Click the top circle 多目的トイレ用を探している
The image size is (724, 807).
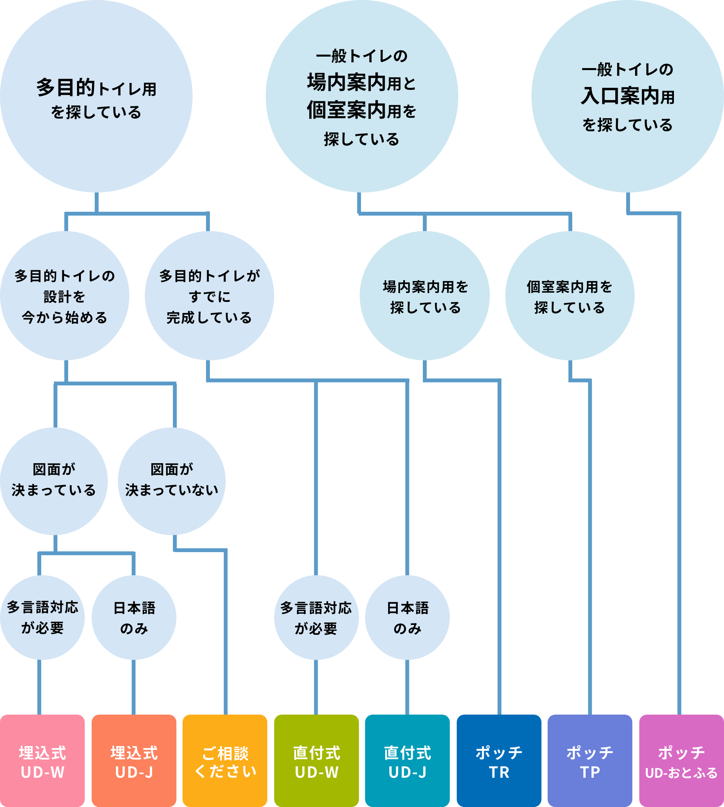click(96, 97)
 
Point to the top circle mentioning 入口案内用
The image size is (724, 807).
click(628, 97)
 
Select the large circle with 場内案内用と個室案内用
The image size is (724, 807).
click(362, 97)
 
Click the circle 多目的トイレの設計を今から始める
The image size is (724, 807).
click(65, 296)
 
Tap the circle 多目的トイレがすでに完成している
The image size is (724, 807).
click(209, 296)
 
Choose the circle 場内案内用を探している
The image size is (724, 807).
click(425, 296)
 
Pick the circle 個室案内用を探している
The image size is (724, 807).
click(570, 296)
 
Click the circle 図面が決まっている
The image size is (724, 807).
click(54, 481)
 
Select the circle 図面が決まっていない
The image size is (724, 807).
click(172, 481)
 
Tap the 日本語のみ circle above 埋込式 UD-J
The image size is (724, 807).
click(134, 618)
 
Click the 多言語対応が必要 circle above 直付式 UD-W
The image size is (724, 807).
click(316, 618)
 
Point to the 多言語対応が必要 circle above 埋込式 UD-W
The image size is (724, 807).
click(42, 618)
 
